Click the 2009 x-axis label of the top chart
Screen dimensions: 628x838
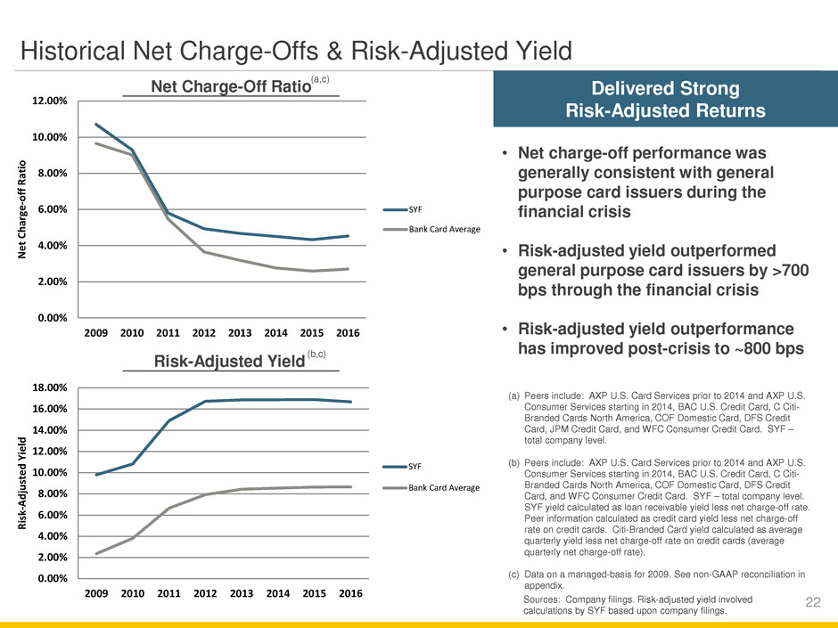[96, 331]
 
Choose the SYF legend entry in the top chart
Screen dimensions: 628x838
[415, 209]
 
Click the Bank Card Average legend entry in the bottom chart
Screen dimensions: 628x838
[444, 487]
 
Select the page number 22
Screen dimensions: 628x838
[812, 604]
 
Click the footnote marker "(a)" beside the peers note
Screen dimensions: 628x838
[513, 394]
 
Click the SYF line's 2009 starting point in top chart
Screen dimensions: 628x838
[95, 125]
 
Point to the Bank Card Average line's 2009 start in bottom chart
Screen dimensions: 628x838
[95, 553]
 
